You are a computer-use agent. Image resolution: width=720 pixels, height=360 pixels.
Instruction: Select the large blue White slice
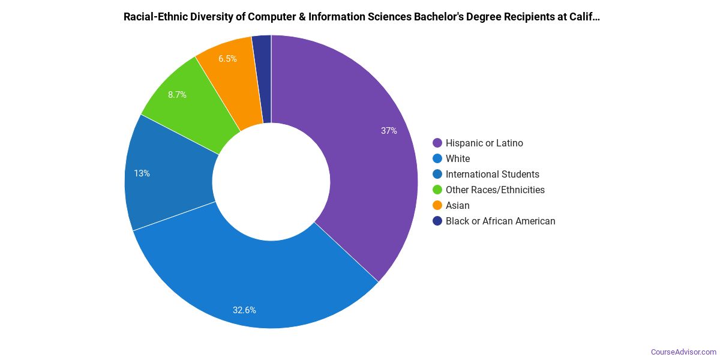point(252,282)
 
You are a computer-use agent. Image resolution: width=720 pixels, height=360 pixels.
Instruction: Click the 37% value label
point(389,131)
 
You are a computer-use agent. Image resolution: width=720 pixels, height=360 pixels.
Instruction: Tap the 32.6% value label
point(245,310)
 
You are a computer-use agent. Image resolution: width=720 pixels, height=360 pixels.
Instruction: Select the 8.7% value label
point(177,95)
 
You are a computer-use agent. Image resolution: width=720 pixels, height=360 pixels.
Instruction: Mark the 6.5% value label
point(227,59)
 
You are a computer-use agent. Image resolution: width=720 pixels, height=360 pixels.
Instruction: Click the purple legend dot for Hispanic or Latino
point(437,143)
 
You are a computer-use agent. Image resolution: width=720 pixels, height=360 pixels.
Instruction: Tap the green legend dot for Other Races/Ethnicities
point(437,190)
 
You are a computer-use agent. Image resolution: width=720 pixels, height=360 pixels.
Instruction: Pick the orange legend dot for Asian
point(437,205)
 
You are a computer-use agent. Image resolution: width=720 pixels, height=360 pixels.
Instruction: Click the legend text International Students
point(492,174)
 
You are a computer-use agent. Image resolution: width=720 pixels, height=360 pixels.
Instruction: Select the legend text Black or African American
point(500,221)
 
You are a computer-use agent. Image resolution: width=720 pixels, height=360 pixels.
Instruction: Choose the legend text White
point(458,158)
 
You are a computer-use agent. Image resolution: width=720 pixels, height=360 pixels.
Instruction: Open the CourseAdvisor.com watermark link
point(683,352)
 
